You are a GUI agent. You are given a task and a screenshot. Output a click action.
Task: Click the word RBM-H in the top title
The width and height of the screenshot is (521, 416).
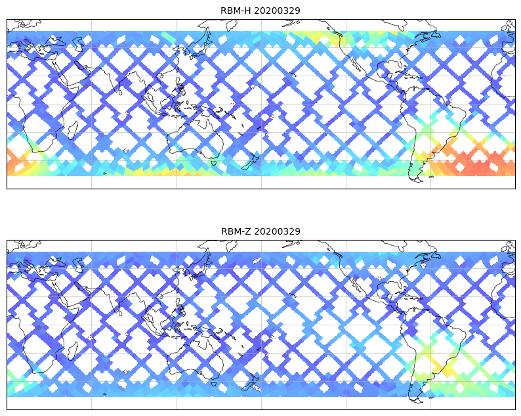click(235, 11)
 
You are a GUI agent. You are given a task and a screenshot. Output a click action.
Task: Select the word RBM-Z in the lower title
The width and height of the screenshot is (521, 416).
click(235, 231)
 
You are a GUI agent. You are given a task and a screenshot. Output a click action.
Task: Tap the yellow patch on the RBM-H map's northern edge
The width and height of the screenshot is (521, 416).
click(315, 37)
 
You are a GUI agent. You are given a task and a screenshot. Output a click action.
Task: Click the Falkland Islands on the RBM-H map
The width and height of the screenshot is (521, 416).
click(431, 177)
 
